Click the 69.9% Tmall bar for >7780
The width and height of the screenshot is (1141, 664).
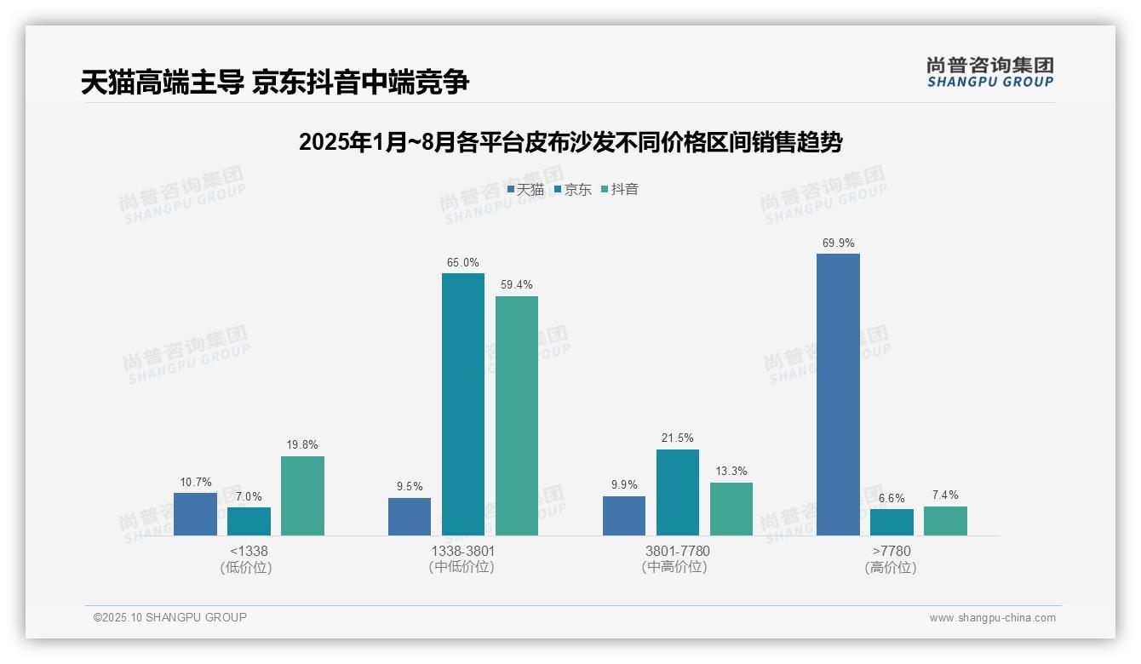[x=838, y=394]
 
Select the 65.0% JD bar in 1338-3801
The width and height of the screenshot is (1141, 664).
[x=462, y=404]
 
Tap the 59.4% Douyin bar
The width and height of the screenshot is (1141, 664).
[x=517, y=415]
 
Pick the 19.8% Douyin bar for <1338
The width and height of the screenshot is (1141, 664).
[x=302, y=495]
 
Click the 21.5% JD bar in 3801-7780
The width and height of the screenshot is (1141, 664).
[x=677, y=492]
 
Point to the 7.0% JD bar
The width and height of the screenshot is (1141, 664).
[x=249, y=521]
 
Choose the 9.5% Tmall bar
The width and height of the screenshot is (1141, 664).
[x=410, y=517]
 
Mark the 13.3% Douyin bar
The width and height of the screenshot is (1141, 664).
[x=731, y=509]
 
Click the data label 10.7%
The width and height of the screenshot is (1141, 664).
[x=195, y=482]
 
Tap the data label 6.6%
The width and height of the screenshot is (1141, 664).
[x=892, y=498]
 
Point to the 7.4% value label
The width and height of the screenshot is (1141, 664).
[x=945, y=495]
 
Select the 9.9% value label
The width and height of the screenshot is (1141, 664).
[x=624, y=485]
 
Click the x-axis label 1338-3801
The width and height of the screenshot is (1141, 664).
[x=462, y=552]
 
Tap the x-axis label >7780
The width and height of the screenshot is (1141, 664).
[x=892, y=552]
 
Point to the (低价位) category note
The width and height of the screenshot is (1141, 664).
[x=249, y=567]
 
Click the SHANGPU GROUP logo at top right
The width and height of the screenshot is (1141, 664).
[x=990, y=72]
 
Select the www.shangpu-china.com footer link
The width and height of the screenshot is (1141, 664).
[x=992, y=618]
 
